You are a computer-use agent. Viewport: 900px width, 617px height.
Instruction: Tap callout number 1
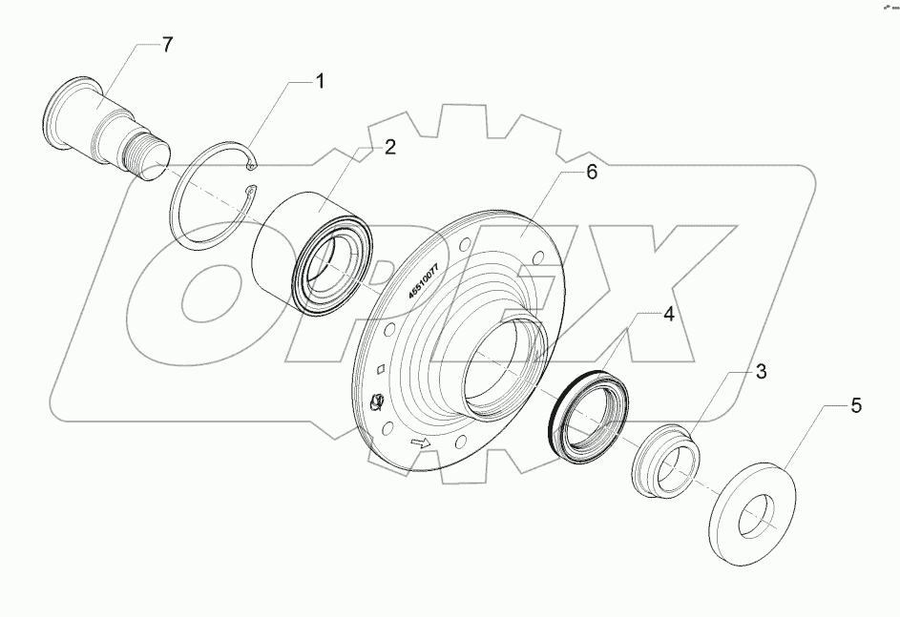(x=320, y=82)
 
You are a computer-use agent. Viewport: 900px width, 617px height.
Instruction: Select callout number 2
(x=391, y=148)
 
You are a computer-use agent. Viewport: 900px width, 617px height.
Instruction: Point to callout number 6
(x=591, y=175)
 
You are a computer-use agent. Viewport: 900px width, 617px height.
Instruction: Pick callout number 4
(x=669, y=314)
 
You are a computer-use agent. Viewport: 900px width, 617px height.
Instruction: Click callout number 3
(x=761, y=372)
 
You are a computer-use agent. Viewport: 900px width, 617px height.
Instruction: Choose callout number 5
(x=855, y=406)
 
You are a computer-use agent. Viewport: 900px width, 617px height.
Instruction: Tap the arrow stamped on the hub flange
(x=419, y=443)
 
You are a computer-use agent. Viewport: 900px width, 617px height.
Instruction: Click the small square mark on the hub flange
(x=381, y=370)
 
